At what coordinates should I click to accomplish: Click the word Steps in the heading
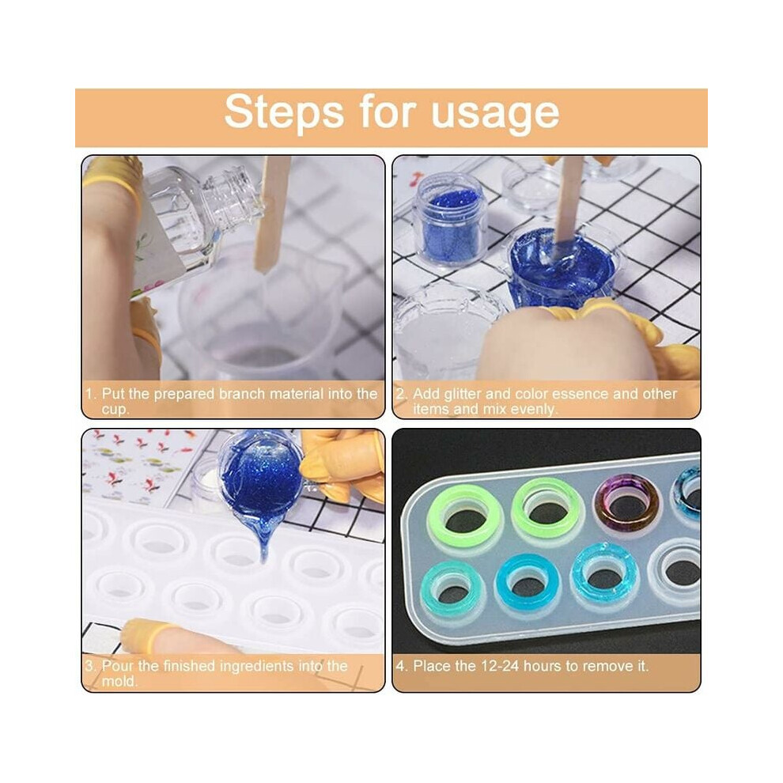[284, 112]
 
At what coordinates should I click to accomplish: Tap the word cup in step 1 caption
[115, 410]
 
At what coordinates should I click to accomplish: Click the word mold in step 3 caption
[119, 682]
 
